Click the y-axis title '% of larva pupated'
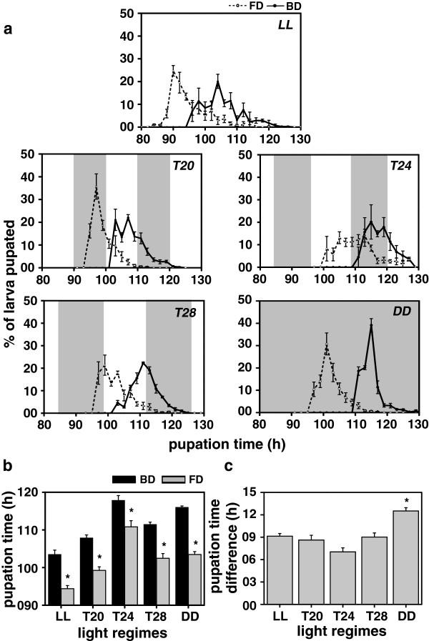12,279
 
